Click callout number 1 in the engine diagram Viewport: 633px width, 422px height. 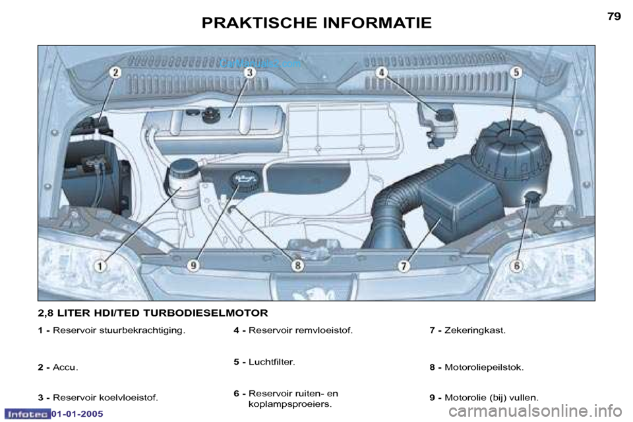click(101, 266)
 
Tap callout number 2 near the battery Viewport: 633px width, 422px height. click(116, 73)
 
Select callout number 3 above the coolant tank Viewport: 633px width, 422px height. click(250, 73)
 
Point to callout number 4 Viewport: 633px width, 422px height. click(382, 73)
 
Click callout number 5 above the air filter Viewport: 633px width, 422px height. click(516, 73)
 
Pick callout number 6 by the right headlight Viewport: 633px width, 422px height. click(517, 266)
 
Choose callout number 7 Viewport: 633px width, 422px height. click(404, 266)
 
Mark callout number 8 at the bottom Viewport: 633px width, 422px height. click(298, 266)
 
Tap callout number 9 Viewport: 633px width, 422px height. click(194, 266)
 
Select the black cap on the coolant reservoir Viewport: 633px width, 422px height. click(210, 115)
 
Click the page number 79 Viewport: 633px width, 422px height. click(614, 16)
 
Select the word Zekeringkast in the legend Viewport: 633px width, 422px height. click(475, 330)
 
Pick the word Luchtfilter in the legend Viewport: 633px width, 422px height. click(272, 362)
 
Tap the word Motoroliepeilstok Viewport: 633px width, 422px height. click(484, 367)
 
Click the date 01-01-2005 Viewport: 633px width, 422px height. click(77, 414)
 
